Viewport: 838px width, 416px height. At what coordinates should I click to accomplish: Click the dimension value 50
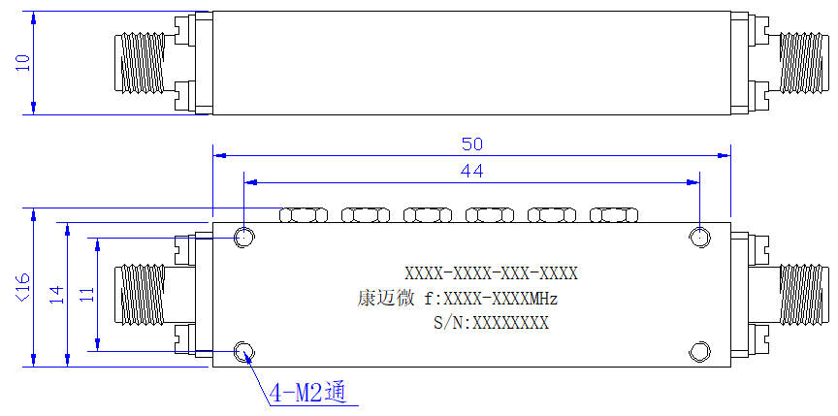point(472,144)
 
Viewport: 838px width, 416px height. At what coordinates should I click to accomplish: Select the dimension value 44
point(472,172)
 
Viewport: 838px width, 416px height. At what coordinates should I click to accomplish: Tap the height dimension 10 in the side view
point(22,62)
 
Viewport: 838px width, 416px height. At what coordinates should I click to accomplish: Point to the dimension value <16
point(24,287)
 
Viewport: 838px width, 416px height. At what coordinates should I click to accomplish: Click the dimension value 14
point(57,295)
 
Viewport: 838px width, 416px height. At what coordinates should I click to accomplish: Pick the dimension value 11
point(87,294)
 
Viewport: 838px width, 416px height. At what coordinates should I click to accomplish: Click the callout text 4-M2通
point(307,394)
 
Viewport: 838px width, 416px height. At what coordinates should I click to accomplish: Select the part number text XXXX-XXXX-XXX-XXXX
point(491,274)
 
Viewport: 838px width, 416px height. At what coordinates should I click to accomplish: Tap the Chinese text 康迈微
point(385,299)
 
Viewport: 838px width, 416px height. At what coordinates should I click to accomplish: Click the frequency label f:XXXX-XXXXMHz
point(491,299)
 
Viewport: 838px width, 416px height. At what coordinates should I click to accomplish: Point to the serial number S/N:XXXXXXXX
point(491,323)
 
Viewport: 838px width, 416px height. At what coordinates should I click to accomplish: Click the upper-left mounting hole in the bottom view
point(244,236)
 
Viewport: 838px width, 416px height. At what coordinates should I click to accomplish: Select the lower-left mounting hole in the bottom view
point(244,352)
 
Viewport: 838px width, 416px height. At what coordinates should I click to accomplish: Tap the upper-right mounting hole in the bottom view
point(699,237)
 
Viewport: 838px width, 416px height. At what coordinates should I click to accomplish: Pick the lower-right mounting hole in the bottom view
point(699,352)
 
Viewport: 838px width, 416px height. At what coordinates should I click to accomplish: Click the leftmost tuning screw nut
point(304,214)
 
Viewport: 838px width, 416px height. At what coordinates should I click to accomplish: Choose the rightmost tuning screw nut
point(614,214)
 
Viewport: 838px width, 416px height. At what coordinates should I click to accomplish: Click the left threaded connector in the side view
point(140,63)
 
